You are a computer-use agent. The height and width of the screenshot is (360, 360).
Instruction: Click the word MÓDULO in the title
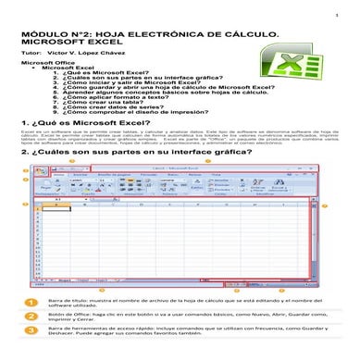pyautogui.click(x=44, y=33)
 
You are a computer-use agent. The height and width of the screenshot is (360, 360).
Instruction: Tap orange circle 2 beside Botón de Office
pyautogui.click(x=31, y=317)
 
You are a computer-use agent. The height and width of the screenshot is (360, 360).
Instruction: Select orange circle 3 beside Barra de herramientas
pyautogui.click(x=31, y=329)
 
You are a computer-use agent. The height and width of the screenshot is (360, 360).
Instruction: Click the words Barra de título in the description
pyautogui.click(x=66, y=301)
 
